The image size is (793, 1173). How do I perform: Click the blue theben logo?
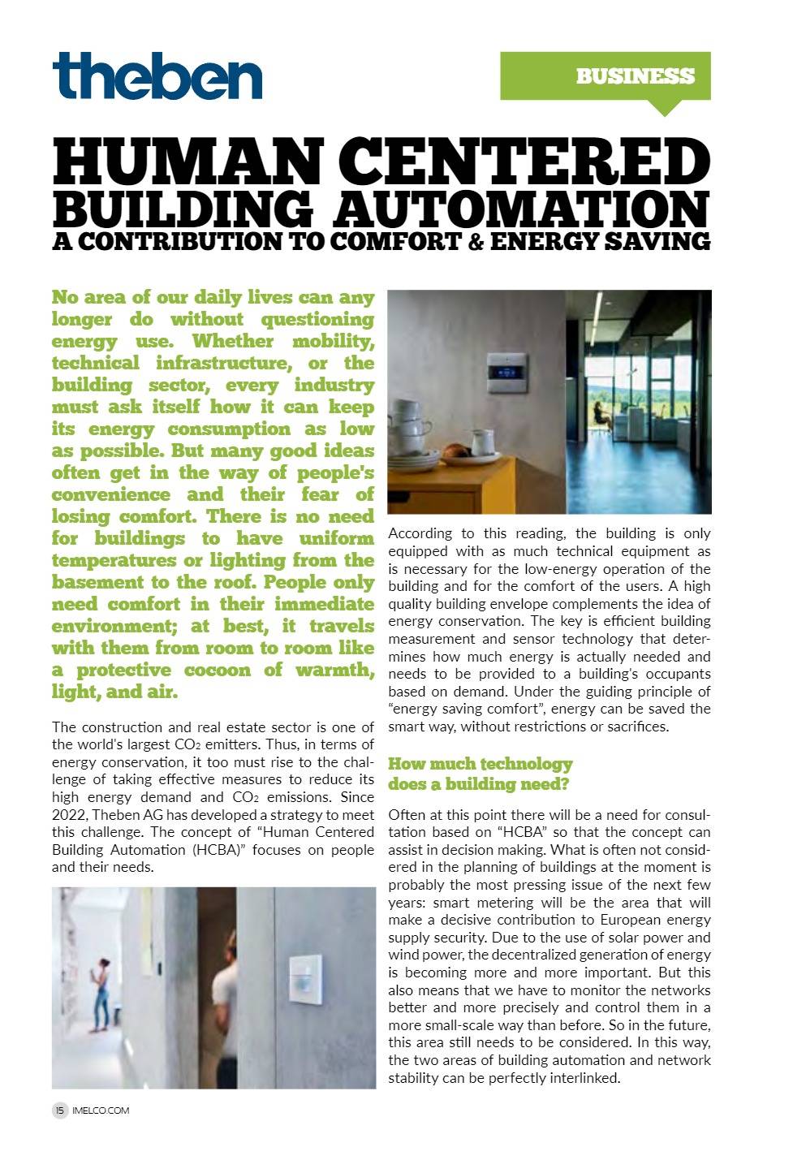coord(157,75)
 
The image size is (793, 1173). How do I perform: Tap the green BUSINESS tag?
coord(635,76)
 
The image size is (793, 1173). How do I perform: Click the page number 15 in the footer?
coord(60,1110)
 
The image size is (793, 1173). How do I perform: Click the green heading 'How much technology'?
coord(480,764)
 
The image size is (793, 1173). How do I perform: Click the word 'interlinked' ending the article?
coord(583,1078)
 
